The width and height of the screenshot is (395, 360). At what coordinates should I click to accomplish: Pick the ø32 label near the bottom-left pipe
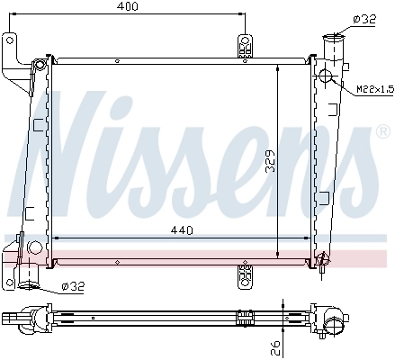(x=73, y=287)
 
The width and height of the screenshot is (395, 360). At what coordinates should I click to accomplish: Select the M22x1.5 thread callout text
(x=374, y=89)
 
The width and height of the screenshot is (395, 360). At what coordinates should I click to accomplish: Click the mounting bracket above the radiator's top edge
(x=244, y=47)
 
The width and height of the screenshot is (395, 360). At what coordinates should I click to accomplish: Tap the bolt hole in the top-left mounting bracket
(x=10, y=40)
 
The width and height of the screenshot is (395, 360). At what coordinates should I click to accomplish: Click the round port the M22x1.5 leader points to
(x=324, y=75)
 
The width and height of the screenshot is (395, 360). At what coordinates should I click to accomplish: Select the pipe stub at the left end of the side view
(x=12, y=317)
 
